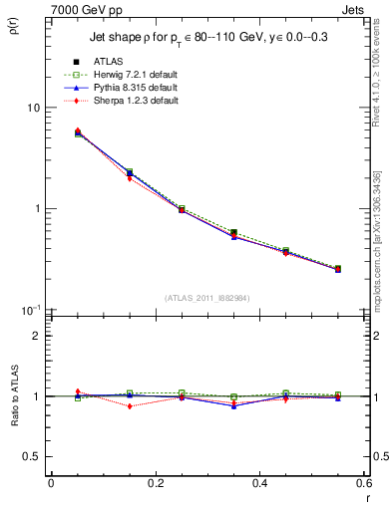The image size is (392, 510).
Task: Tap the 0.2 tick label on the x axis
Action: coord(155,484)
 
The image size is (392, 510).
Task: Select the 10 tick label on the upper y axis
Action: coord(33,108)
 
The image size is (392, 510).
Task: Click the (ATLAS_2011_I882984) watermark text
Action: coord(206,298)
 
